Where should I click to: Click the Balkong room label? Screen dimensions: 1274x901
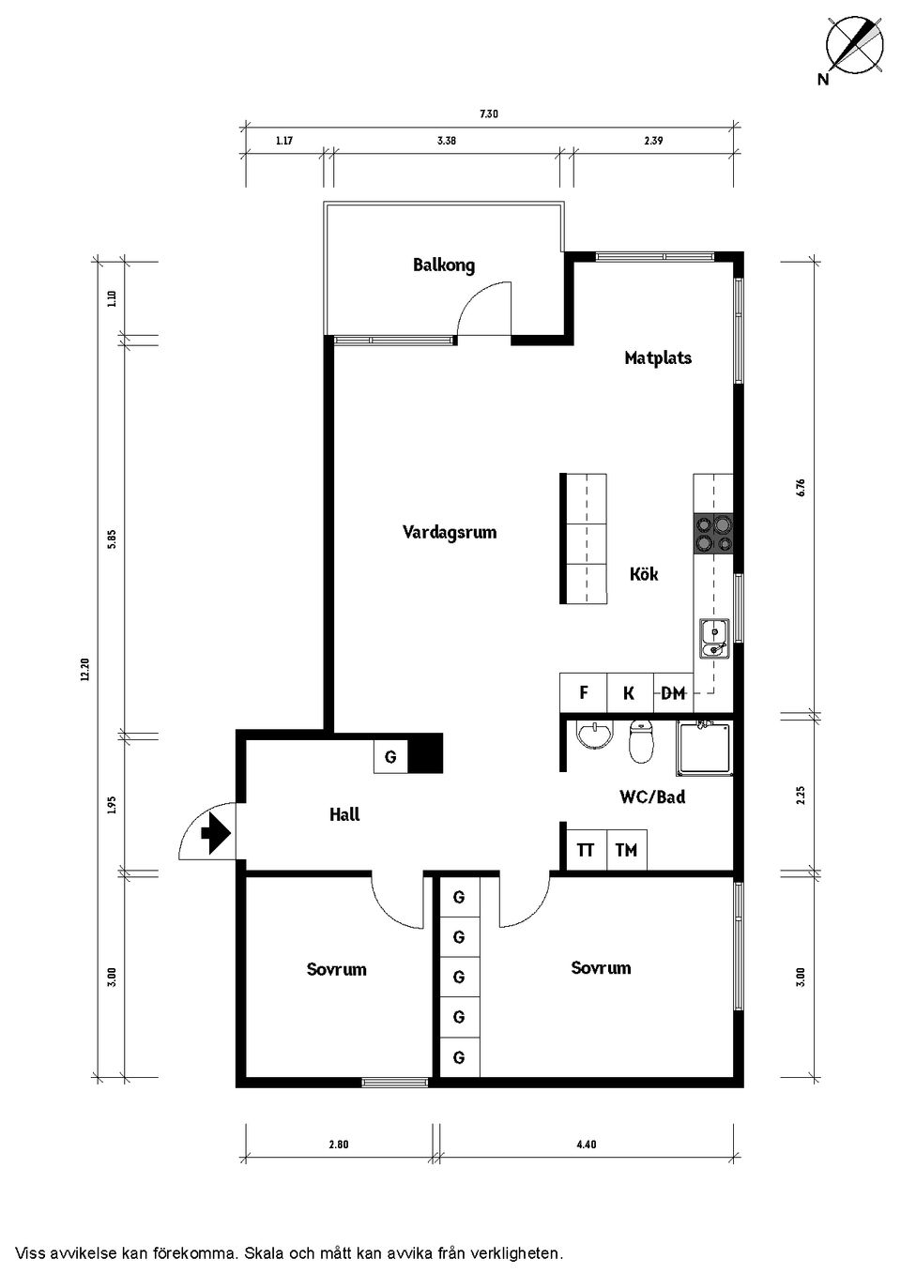point(444,265)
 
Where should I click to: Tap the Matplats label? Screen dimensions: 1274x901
point(658,357)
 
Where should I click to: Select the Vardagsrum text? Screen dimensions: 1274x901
point(450,532)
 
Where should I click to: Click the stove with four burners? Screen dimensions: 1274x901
point(712,533)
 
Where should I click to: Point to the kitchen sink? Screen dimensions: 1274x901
point(712,639)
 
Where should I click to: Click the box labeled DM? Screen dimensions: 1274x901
point(673,693)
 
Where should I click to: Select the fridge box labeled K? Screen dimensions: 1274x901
point(629,693)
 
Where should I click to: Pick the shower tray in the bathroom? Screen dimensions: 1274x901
point(704,747)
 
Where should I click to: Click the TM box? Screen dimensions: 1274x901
point(626,850)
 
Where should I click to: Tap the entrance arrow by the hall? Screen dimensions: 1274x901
point(216,832)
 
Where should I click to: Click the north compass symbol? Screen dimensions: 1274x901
point(855,45)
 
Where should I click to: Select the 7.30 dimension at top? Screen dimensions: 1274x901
point(489,114)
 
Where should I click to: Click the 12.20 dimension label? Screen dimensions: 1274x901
point(85,669)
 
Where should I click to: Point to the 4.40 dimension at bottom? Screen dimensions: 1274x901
point(586,1144)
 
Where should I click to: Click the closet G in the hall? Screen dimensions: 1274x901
point(390,756)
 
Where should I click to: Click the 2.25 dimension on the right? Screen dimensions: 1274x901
point(801,796)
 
